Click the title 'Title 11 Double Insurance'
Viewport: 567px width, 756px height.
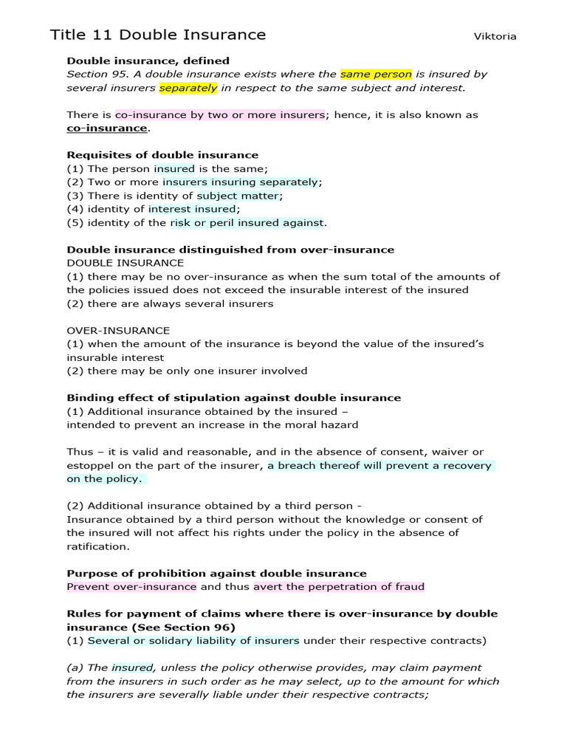[158, 35]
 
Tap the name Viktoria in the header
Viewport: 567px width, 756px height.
[495, 36]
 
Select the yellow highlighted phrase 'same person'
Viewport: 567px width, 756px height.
[376, 74]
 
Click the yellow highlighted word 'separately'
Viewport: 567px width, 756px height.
[188, 88]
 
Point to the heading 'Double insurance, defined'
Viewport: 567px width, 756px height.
[148, 61]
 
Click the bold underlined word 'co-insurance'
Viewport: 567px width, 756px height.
[107, 128]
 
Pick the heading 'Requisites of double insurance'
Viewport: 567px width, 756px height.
[162, 155]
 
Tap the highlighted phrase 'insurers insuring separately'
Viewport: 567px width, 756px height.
[241, 182]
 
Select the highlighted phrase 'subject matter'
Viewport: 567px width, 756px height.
[238, 196]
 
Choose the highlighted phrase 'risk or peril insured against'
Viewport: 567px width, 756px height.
[247, 222]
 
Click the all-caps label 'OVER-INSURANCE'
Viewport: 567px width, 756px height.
[118, 330]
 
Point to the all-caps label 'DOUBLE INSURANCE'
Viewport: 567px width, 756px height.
[126, 263]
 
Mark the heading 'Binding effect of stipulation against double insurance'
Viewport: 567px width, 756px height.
[233, 397]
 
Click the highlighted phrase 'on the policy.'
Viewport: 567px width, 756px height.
[105, 478]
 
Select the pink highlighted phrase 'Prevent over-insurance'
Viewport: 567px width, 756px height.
[131, 587]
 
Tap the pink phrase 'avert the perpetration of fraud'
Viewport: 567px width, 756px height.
[339, 587]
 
